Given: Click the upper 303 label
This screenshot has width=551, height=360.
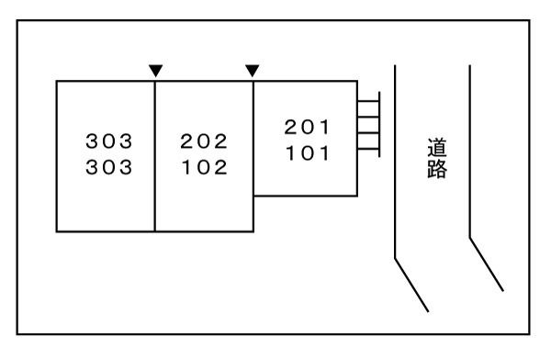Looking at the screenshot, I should [108, 141].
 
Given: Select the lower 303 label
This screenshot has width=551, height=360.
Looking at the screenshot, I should [108, 168].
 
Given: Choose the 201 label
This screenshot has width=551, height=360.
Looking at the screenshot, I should [307, 127].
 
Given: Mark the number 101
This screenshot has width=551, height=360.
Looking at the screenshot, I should [307, 153].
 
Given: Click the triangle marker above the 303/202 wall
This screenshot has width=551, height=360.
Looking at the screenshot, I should [155, 70].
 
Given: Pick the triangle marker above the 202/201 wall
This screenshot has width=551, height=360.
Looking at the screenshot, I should [253, 70].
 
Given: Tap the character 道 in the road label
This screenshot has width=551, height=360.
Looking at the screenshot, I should [437, 146].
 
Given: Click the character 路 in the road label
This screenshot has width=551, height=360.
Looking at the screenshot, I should [437, 171].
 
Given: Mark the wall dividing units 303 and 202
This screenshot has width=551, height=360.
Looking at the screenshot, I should [155, 156].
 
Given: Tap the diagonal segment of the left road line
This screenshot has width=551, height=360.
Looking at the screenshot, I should [411, 283].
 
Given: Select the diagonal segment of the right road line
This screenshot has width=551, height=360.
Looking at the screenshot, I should [487, 264].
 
